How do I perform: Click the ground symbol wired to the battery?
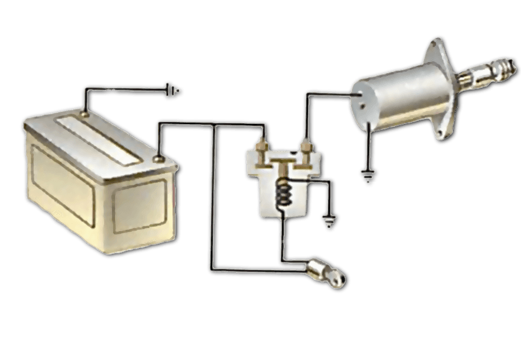pyautogui.click(x=173, y=91)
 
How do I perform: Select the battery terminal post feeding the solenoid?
pyautogui.click(x=159, y=160)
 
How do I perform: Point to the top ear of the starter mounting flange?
pyautogui.click(x=435, y=46)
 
